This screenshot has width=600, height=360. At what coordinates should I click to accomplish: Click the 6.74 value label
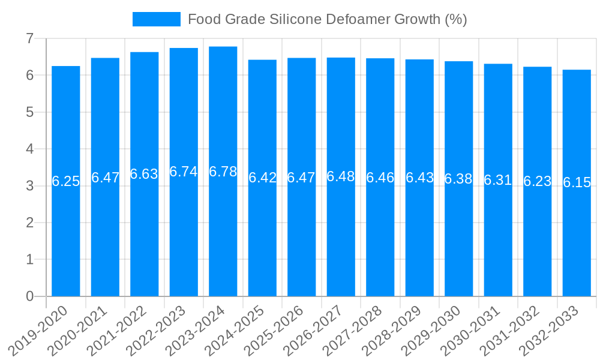[184, 172]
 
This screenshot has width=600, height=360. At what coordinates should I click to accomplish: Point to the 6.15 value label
[577, 183]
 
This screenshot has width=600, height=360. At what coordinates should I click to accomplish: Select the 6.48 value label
[341, 176]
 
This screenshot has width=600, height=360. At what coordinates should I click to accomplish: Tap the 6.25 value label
[66, 181]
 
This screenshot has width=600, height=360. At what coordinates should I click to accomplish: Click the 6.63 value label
[145, 174]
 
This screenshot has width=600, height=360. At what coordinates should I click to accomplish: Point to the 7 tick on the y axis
[29, 38]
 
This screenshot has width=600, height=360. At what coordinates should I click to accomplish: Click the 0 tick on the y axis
[29, 296]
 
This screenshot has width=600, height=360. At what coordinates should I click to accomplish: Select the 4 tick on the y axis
[29, 149]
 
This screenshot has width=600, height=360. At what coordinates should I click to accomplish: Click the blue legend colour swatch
[157, 19]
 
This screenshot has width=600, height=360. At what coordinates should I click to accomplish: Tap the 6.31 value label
[498, 180]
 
